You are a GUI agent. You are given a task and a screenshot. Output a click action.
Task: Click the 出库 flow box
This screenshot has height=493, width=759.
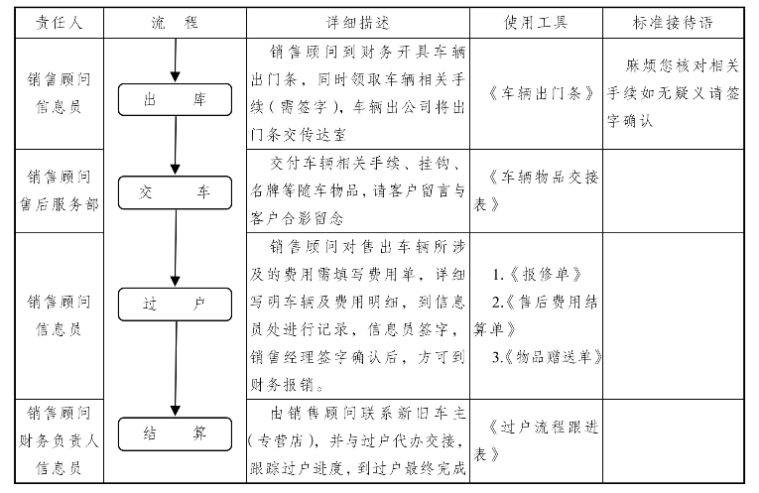tap(175, 99)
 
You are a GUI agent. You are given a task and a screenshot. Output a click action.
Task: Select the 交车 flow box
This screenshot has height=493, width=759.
tap(175, 192)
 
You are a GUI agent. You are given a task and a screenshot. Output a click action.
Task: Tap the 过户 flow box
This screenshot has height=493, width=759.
tap(175, 305)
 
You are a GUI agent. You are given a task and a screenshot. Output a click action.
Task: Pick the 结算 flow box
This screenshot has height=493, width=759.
tap(175, 433)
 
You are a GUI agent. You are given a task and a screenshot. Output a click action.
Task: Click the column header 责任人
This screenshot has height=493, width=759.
tap(60, 23)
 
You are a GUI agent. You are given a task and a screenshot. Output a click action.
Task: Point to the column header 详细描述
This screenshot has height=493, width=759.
tap(358, 23)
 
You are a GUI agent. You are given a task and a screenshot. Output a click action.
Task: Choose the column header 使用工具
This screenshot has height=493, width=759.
tap(536, 23)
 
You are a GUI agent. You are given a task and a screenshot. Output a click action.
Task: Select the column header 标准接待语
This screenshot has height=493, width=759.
tap(673, 23)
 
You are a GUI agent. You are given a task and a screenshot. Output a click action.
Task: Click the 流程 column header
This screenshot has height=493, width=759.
tap(175, 23)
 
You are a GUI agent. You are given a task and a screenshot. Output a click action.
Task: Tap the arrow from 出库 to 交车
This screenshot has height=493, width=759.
tap(176, 146)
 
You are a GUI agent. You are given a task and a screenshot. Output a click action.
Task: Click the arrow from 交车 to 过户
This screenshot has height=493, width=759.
tap(176, 248)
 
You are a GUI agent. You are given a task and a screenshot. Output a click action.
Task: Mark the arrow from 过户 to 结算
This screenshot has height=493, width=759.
tap(176, 369)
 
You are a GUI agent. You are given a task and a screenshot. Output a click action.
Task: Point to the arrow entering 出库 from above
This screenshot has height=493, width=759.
tap(176, 61)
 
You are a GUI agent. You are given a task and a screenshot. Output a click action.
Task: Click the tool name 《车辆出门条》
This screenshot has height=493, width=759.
tap(540, 93)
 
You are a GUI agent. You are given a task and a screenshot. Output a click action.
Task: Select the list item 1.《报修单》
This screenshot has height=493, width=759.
tap(538, 275)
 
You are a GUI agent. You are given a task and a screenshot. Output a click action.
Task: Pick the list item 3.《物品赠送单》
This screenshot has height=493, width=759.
tap(547, 357)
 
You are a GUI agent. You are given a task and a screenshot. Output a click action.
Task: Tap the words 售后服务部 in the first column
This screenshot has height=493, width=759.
tap(60, 204)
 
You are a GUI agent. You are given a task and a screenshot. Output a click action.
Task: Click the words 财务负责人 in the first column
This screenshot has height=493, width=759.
tap(60, 440)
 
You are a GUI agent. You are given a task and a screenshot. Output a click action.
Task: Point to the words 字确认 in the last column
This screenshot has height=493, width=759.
tap(630, 121)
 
